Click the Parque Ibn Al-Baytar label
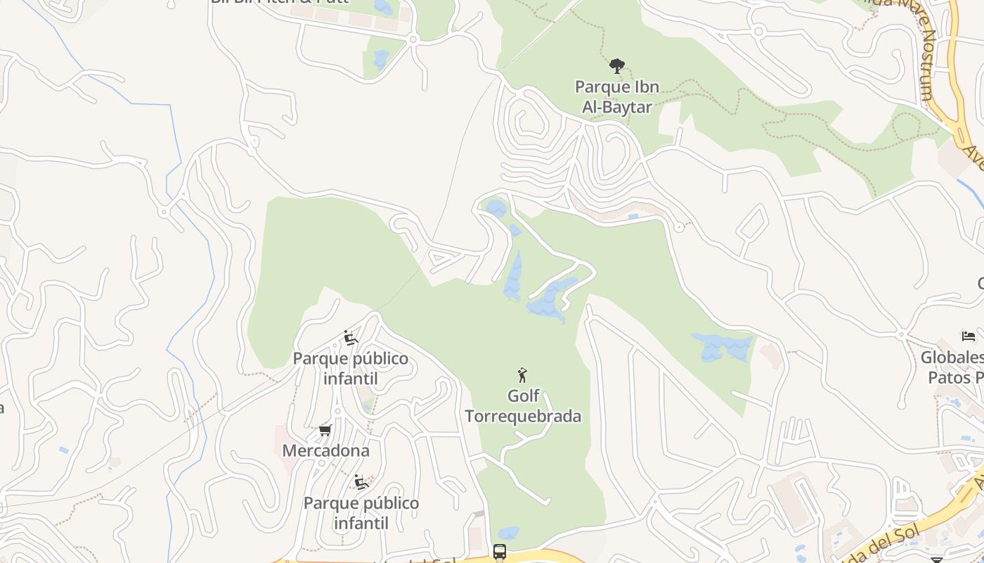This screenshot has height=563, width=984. [x=617, y=97]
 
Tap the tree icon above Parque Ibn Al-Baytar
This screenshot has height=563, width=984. [x=617, y=66]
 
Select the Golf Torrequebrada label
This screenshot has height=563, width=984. [x=523, y=406]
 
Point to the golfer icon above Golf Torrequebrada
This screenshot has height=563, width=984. [x=522, y=374]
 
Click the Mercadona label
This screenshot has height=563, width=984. [x=325, y=450]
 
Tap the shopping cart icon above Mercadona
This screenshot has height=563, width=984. [x=325, y=430]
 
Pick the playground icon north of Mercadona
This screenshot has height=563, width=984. [x=350, y=338]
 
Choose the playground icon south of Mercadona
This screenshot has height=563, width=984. [x=361, y=482]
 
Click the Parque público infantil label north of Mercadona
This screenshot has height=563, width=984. [x=350, y=368]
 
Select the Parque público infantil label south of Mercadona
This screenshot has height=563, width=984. [x=361, y=513]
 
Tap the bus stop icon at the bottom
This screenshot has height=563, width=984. [x=500, y=552]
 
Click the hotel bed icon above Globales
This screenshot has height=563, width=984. [x=969, y=336]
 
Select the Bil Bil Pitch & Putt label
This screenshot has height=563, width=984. [x=280, y=2]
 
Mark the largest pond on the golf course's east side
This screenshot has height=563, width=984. [x=723, y=347]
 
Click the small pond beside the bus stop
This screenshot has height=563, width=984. [x=508, y=533]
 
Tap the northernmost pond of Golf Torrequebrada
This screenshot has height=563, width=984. [x=496, y=208]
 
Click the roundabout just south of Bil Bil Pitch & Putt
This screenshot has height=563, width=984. [x=413, y=40]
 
